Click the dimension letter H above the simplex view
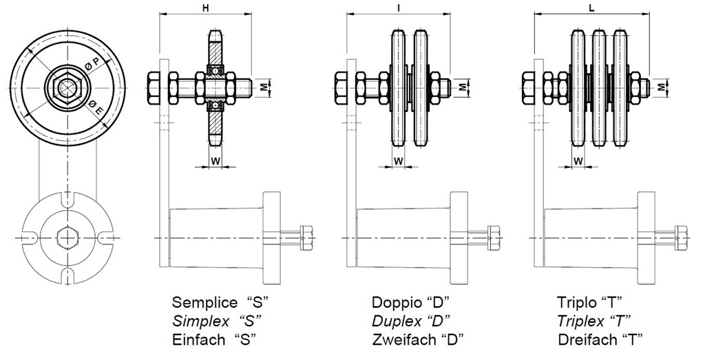(x=205, y=9)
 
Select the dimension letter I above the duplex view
(x=399, y=8)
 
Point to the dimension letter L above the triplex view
(x=592, y=9)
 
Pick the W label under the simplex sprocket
(x=215, y=161)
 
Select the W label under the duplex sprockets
(x=399, y=161)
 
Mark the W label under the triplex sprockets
(x=578, y=161)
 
